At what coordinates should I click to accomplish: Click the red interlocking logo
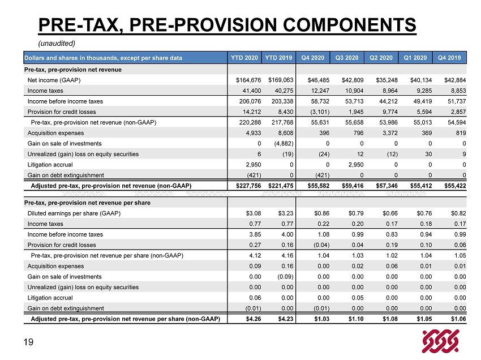pos(440,341)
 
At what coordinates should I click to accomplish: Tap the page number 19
pos(28,342)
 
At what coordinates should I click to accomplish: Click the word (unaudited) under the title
pos(57,43)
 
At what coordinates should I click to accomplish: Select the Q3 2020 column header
pos(347,58)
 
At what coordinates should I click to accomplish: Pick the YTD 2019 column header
pos(278,58)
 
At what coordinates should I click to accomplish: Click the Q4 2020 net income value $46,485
pos(319,80)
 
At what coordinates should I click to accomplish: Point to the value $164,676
pos(248,80)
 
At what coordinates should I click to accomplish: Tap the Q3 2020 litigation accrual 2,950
pos(356,165)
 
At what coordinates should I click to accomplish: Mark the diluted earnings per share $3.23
pos(286,213)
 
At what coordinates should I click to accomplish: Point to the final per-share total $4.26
pos(254,319)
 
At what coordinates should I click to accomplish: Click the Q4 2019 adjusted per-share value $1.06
pos(458,319)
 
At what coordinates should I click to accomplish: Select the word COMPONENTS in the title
pos(349,24)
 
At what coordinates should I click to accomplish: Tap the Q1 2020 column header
pos(415,58)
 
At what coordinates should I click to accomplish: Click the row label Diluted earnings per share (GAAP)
pos(74,213)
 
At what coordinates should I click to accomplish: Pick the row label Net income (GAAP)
pos(54,80)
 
